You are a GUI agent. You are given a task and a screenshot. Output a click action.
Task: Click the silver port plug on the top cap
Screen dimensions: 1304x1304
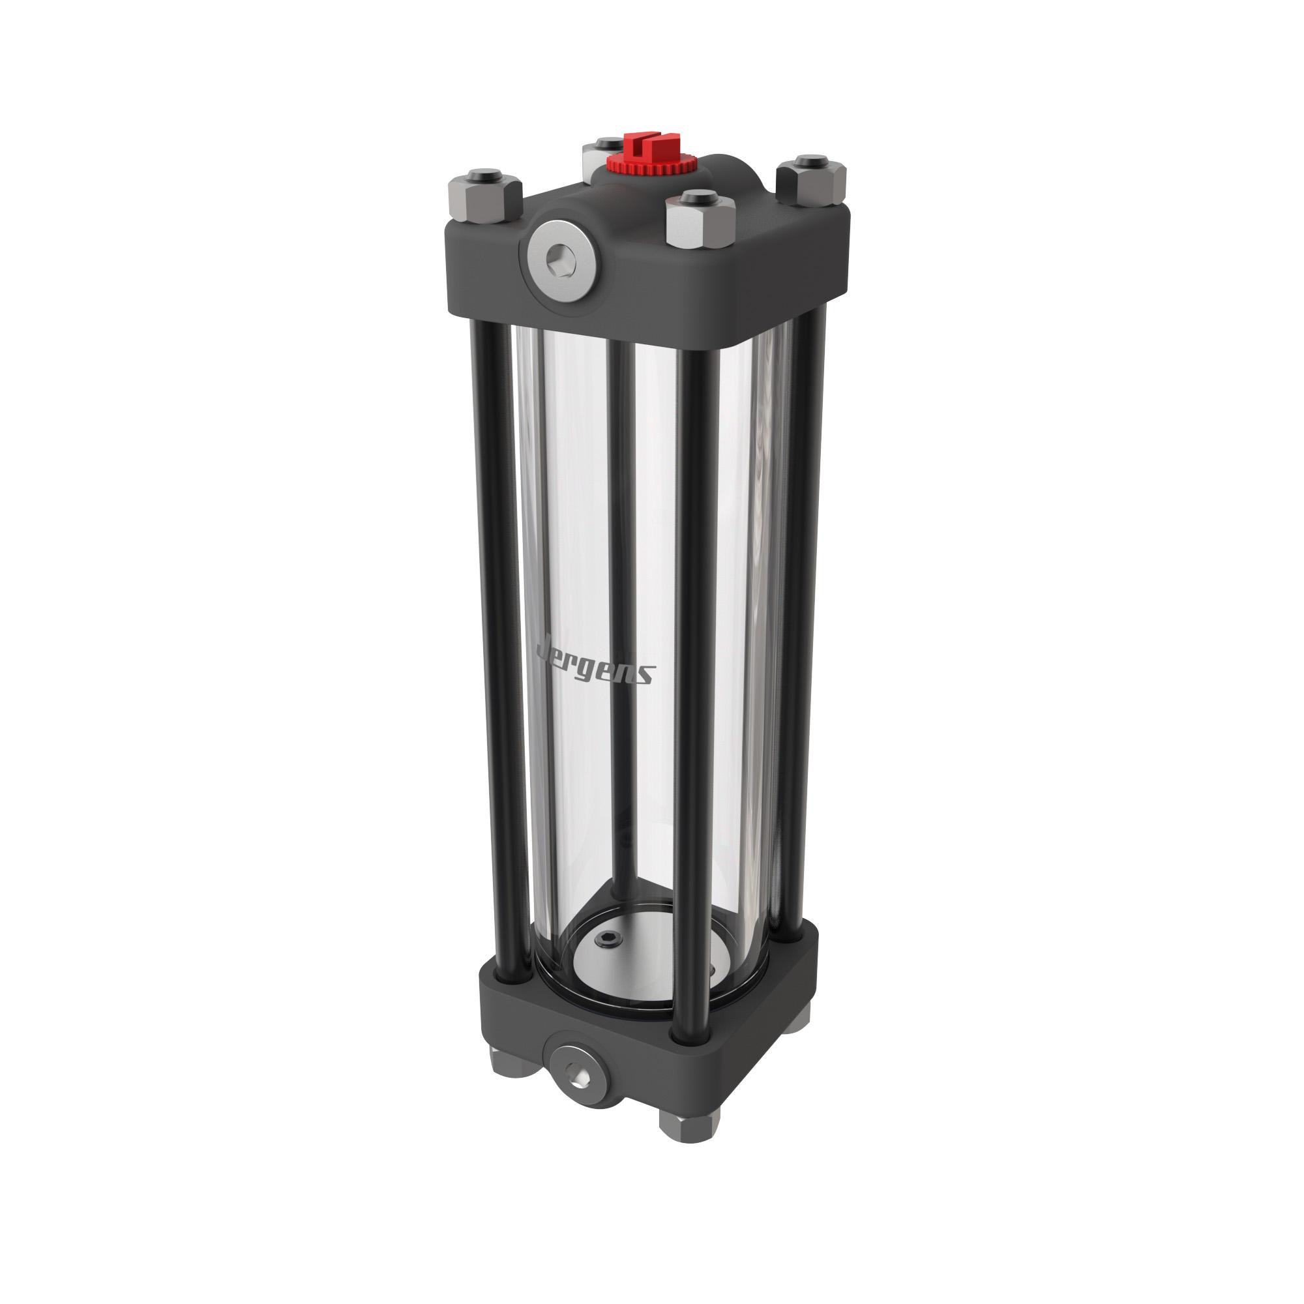561,260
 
